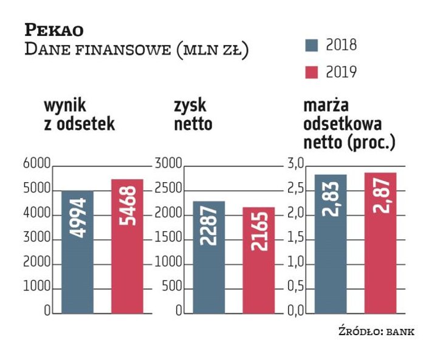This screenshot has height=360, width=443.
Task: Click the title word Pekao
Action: (54, 30)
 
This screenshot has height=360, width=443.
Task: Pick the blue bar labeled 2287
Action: (208, 257)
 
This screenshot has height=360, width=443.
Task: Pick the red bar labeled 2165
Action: (258, 260)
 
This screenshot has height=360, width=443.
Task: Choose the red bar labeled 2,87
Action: (380, 243)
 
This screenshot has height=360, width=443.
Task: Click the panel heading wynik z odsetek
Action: (78, 115)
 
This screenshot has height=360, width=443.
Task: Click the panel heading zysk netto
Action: (193, 115)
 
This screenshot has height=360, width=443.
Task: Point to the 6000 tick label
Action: (36, 165)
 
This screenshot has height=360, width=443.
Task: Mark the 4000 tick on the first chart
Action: (36, 214)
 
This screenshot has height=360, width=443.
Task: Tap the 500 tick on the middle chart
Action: (172, 288)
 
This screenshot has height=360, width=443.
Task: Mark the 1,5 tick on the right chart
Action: (296, 239)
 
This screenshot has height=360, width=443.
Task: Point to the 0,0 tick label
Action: (296, 313)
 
